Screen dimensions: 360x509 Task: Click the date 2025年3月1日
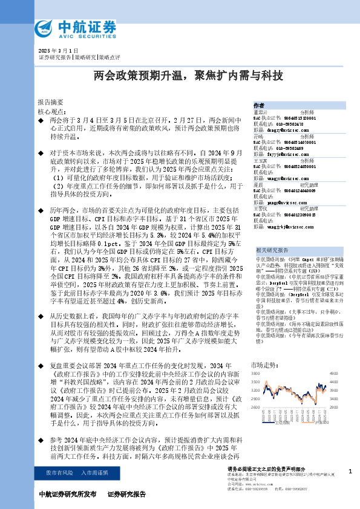point(59,50)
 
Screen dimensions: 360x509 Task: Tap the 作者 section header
point(259,105)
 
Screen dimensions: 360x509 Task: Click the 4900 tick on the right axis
point(332,375)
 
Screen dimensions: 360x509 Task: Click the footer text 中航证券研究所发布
point(67,494)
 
